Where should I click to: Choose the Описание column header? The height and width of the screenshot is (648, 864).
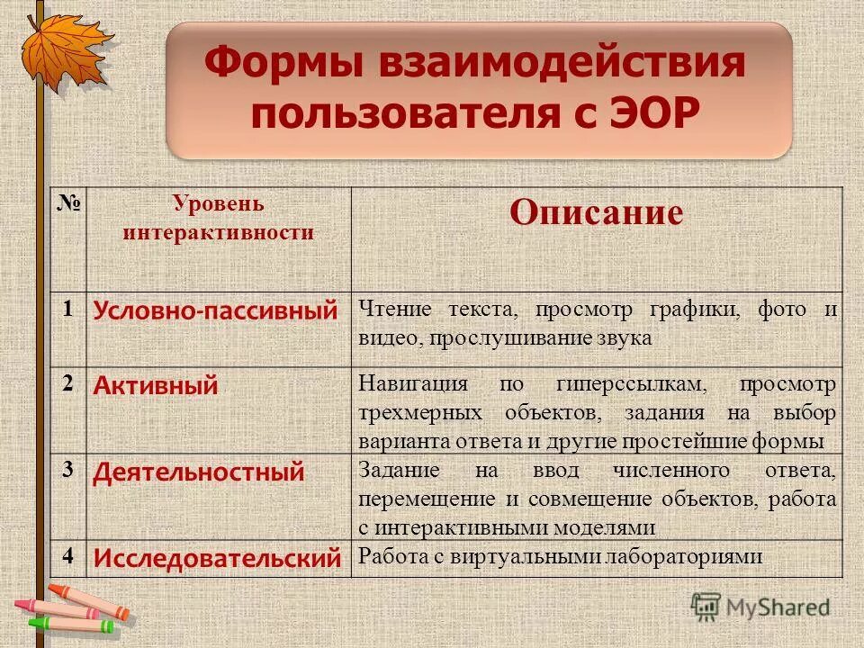[x=596, y=212]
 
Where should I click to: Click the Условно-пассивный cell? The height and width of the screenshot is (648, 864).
[x=216, y=311]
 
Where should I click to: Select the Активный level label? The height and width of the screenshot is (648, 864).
[x=156, y=387]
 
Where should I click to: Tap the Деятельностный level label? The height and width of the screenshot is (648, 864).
[x=199, y=472]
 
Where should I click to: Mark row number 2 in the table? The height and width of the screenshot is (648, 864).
[x=68, y=382]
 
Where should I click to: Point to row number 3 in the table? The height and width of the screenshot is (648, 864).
[x=68, y=467]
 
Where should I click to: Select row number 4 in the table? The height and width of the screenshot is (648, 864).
[x=68, y=554]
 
